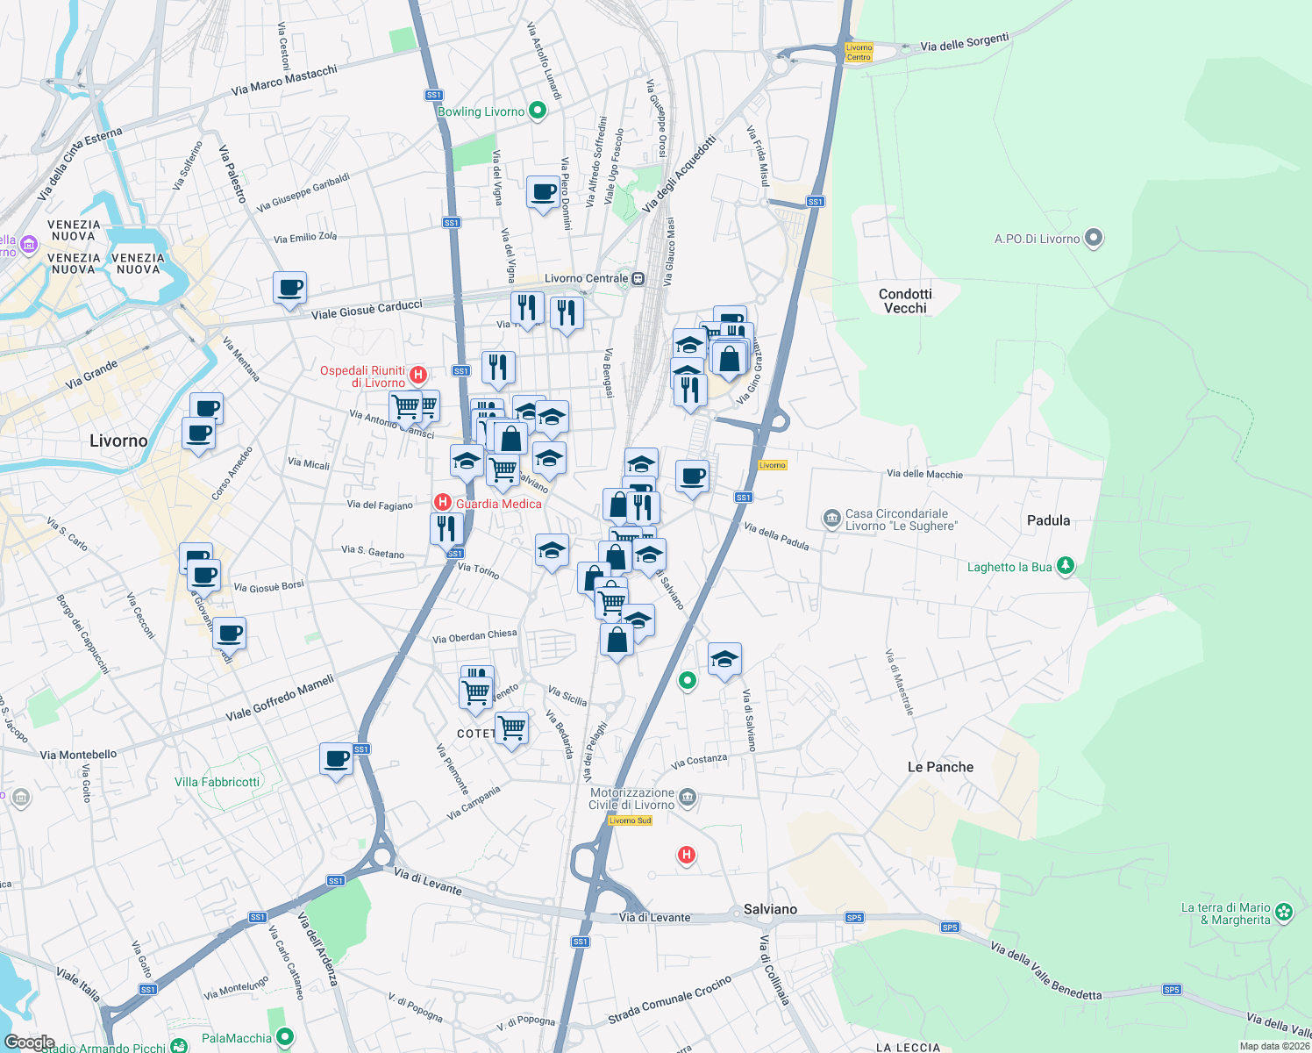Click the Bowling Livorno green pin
[538, 111]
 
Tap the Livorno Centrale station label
[586, 278]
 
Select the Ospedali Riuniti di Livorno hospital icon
[418, 376]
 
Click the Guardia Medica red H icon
[443, 503]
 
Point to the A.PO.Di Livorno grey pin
[1093, 238]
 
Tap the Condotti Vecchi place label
[905, 301]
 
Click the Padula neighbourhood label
[1048, 520]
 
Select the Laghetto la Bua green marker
[1066, 566]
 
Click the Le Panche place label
[940, 767]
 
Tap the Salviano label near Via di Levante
[770, 909]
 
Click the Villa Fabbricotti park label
[217, 782]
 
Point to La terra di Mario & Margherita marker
[1284, 913]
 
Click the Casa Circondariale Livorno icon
[831, 519]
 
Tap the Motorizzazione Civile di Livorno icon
[688, 798]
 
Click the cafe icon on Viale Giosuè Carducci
[289, 287]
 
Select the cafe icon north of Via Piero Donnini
[543, 191]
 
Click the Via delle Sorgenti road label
[965, 42]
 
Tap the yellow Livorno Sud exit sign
[630, 820]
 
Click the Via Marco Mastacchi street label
[284, 80]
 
